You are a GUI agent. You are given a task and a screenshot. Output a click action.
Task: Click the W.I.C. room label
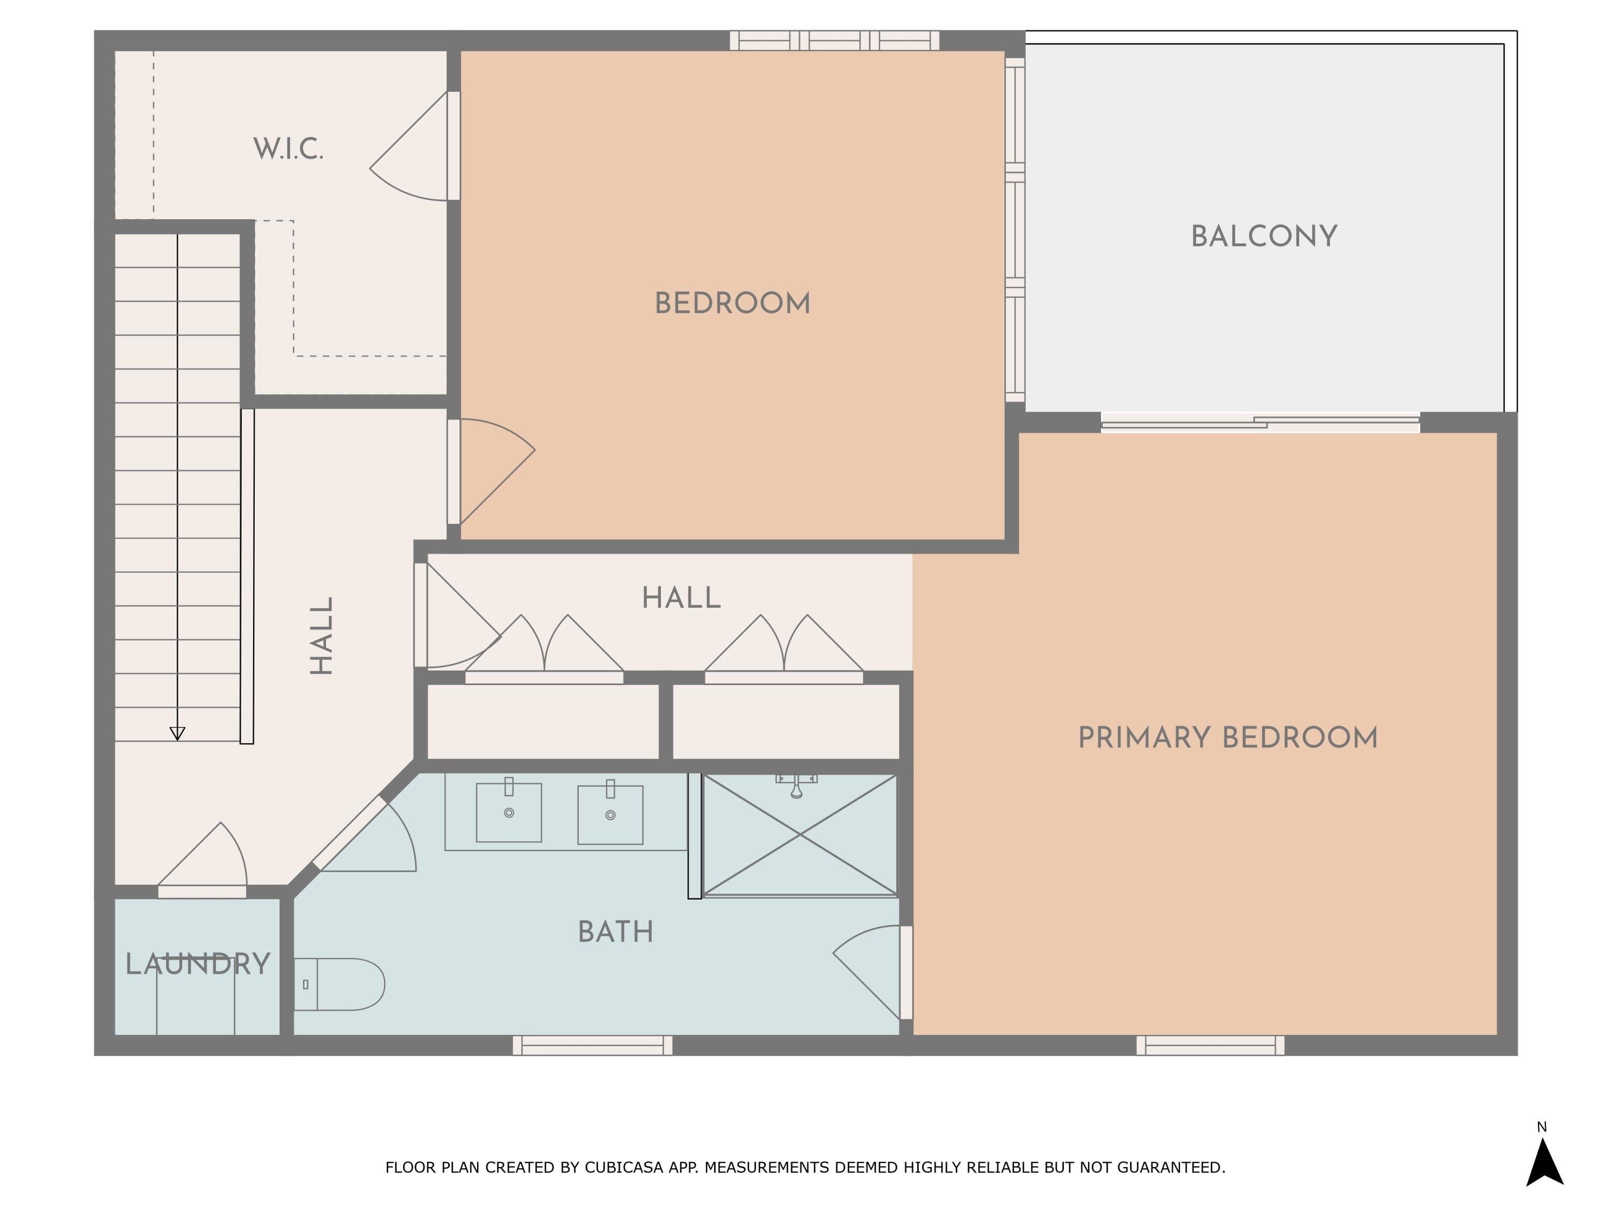288,149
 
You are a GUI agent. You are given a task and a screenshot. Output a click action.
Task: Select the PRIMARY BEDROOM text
1227,738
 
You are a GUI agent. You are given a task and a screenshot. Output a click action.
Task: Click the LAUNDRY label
198,963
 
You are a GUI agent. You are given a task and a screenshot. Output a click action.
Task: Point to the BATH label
615,931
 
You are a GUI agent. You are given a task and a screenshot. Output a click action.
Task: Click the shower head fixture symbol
796,786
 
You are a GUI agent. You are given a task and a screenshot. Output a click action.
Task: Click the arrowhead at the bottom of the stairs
177,733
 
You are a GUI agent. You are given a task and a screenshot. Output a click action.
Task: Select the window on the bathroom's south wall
593,1045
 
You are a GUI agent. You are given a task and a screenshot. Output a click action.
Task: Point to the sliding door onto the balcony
1260,422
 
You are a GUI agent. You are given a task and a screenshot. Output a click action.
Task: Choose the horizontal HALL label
681,598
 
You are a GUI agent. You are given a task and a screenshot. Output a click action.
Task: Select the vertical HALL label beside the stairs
321,636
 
